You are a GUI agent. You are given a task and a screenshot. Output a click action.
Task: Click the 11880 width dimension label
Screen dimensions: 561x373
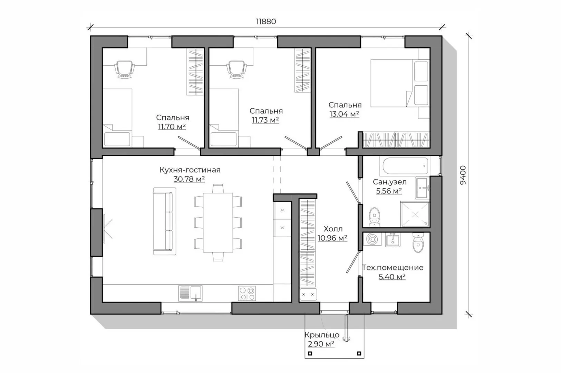(266, 21)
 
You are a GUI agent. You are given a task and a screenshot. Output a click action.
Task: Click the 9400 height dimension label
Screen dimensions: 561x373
(463, 175)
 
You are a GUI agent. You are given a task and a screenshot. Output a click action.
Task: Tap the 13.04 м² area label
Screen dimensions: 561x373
(344, 114)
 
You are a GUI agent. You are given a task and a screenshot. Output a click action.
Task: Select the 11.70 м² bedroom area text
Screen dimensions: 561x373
(172, 127)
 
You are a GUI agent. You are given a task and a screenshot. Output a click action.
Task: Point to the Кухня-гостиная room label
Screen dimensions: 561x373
(190, 170)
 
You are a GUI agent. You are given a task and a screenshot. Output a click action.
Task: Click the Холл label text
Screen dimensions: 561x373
(333, 229)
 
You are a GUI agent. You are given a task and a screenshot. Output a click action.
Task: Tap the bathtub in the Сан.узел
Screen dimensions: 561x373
(405, 166)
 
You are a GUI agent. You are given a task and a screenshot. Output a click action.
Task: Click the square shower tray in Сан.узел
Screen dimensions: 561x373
(415, 214)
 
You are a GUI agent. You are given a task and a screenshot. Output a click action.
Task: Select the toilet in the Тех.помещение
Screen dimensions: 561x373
(418, 242)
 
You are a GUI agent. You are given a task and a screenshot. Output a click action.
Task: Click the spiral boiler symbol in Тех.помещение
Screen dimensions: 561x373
(372, 239)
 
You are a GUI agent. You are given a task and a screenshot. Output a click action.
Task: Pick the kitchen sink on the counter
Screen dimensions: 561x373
(190, 293)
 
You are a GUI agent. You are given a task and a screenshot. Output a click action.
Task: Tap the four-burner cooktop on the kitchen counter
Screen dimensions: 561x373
(247, 293)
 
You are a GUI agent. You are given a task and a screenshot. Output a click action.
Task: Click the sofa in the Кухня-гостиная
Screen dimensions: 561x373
(165, 221)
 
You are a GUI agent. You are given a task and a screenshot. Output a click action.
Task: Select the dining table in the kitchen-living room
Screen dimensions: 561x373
(218, 222)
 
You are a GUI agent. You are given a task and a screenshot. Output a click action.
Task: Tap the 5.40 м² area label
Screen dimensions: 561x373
(392, 277)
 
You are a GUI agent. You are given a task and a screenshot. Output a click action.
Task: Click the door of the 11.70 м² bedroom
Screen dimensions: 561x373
(189, 143)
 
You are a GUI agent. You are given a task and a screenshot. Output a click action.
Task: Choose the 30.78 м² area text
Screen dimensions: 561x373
(189, 179)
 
